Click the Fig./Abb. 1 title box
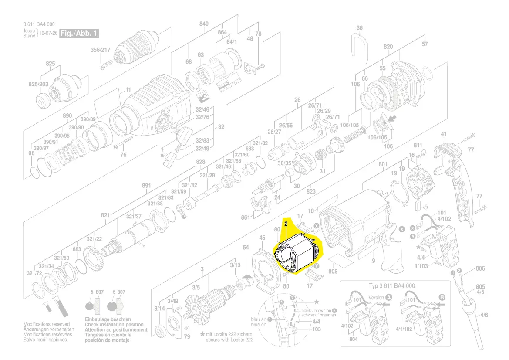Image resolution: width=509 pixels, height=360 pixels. point(80,33)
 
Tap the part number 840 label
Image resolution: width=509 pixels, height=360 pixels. point(204,24)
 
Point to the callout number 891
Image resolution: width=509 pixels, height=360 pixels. point(146,186)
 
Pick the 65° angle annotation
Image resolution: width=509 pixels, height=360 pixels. point(164,155)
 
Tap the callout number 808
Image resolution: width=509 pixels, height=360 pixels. point(333,272)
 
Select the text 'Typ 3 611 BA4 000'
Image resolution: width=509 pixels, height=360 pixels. point(392,286)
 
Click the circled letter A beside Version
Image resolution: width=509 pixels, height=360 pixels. point(389,298)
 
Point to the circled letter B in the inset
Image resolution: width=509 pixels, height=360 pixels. point(442,298)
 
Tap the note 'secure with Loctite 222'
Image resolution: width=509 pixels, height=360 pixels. point(229,339)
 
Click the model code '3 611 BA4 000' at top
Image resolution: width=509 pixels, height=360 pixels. point(39,24)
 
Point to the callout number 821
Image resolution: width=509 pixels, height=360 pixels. point(105,215)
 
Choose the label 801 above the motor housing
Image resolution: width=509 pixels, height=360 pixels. point(383,164)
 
